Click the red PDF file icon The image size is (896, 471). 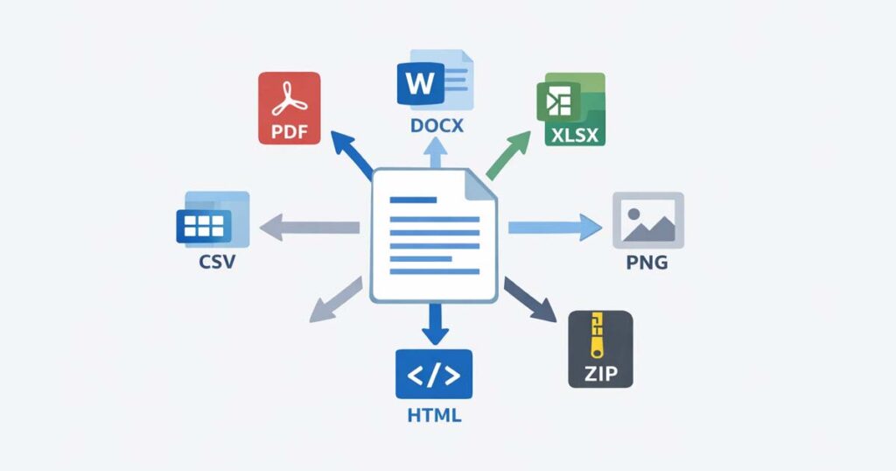click(x=290, y=107)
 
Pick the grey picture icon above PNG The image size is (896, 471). click(x=647, y=220)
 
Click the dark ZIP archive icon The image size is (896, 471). click(x=599, y=348)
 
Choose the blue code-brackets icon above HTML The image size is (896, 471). click(x=433, y=375)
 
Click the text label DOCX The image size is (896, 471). click(x=436, y=127)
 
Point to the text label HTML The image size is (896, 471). click(x=434, y=415)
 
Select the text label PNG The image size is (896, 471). click(x=647, y=262)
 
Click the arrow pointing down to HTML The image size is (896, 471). click(x=434, y=325)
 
